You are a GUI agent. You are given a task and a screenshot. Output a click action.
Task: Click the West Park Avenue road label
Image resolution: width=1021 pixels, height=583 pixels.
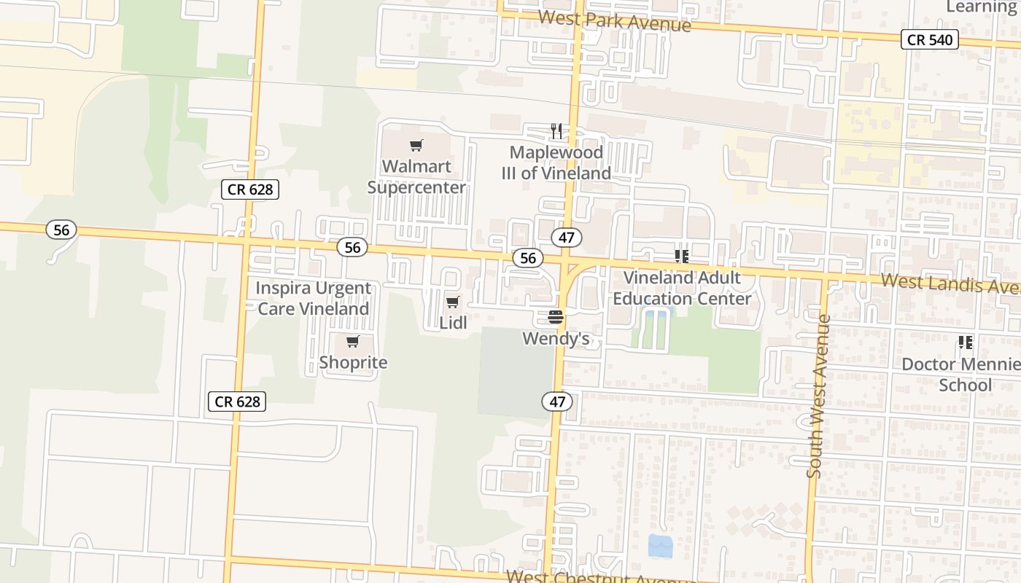[x=614, y=21]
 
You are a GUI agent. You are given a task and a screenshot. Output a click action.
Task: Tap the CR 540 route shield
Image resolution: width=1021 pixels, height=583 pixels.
[x=929, y=39]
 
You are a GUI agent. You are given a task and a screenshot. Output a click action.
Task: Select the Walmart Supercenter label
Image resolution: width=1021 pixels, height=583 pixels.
[x=416, y=177]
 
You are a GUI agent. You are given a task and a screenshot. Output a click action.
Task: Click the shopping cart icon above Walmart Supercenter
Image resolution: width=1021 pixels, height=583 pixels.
[x=416, y=145]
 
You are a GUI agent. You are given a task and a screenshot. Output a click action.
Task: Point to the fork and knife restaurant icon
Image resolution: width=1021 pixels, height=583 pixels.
[x=556, y=131]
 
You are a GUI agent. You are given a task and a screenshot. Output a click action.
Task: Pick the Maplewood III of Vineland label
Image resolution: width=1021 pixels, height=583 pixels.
[x=556, y=163]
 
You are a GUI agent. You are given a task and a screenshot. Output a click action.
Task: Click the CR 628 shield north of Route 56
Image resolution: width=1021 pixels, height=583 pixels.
[x=250, y=189]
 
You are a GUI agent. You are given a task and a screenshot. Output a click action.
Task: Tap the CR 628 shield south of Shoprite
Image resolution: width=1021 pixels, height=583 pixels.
[x=237, y=401]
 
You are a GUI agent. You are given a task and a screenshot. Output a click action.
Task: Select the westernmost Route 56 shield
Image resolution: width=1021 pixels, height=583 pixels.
[x=61, y=230]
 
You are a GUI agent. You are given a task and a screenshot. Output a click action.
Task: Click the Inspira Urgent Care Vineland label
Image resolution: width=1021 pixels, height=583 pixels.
[x=313, y=299]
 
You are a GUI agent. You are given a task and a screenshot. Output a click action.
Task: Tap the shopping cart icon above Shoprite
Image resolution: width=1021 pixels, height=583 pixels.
[x=353, y=341]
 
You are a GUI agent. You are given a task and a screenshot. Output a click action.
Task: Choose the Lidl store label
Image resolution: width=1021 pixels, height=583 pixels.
[x=453, y=323]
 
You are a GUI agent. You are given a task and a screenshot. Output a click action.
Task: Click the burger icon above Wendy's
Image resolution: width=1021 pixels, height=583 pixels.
[x=556, y=317]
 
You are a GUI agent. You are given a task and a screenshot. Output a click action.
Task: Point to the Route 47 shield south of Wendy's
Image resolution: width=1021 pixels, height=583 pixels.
[x=557, y=401]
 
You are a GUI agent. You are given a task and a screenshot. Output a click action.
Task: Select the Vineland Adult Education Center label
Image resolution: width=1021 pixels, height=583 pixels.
[x=682, y=289]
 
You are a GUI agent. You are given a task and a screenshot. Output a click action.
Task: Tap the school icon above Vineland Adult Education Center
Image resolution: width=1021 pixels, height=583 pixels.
[x=682, y=256]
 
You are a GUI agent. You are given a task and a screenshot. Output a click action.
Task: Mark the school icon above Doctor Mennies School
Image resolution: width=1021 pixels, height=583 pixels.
[x=966, y=342]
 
